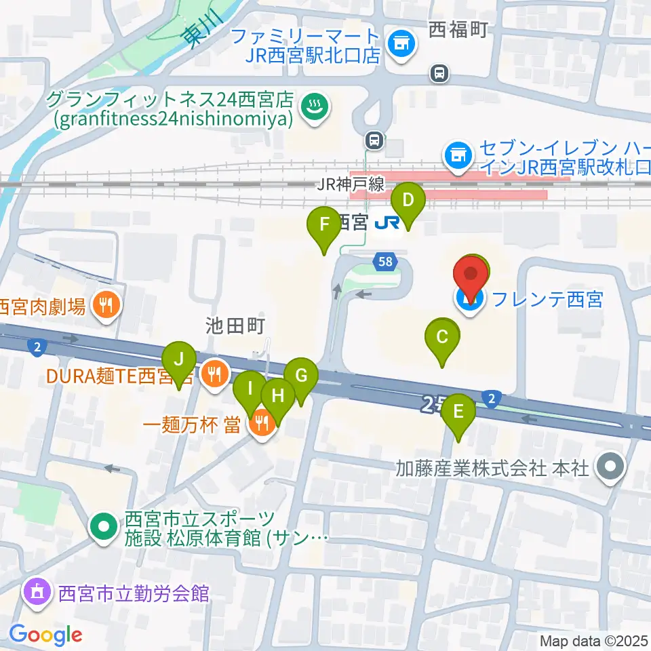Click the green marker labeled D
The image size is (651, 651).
408,201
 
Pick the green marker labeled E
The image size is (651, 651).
459,412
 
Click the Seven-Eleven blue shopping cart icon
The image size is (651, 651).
458,155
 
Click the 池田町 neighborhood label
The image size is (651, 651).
235,327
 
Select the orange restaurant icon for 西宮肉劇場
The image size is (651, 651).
106,306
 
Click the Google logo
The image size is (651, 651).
45,635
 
